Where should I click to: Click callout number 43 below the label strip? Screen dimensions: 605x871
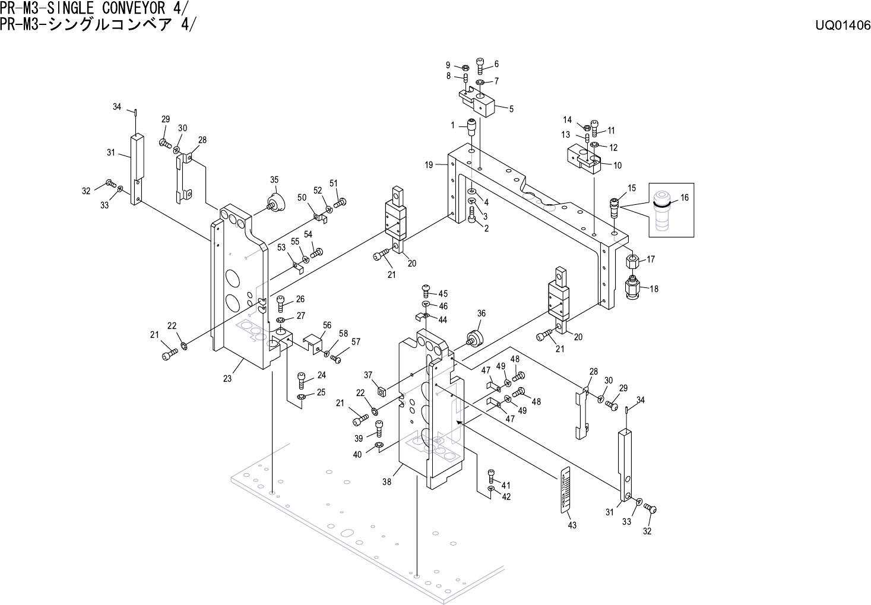coord(572,525)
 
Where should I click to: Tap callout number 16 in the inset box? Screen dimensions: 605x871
coord(685,198)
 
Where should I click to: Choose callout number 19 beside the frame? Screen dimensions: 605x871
coord(429,166)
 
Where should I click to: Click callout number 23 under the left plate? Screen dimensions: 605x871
coord(227,380)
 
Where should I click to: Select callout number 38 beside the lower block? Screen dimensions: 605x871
coord(387,483)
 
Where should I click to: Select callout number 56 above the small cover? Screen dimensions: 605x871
coord(327,325)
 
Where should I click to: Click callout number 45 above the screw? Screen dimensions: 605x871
coord(443,294)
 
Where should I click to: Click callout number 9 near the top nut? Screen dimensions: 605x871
coord(448,65)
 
